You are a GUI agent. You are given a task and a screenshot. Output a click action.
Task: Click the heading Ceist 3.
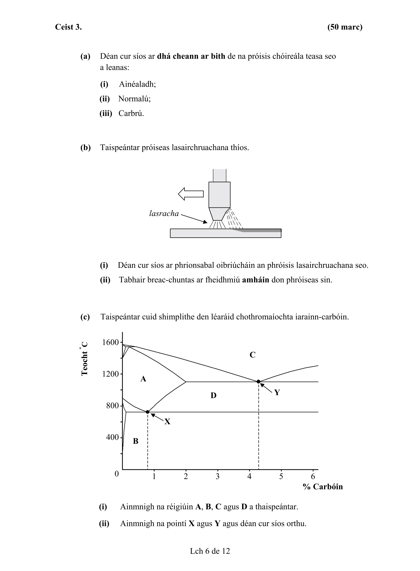[x=68, y=27]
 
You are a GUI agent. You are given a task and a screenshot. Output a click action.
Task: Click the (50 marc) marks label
[x=344, y=27]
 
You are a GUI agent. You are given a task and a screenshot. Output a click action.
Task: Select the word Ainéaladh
[x=137, y=84]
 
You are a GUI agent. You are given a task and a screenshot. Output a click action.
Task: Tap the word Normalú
[x=134, y=99]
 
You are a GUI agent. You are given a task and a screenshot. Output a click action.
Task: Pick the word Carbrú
[x=131, y=113]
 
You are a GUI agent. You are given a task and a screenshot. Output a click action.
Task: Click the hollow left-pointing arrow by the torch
[x=191, y=194]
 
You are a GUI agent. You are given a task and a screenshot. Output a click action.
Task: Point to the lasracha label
[x=164, y=213]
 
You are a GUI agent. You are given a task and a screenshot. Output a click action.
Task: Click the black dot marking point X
[x=148, y=412]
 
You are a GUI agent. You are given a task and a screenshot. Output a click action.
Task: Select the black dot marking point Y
[x=258, y=382]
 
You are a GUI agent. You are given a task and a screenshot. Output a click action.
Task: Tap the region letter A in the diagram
[x=143, y=379]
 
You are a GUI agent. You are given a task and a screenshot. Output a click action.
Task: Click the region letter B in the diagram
[x=136, y=441]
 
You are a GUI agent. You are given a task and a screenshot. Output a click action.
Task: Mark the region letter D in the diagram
[x=213, y=396]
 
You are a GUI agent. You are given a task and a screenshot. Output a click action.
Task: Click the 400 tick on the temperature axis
[x=112, y=437]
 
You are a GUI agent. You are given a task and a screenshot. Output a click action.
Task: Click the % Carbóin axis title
[x=323, y=487]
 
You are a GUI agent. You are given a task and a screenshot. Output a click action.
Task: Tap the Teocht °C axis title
[x=84, y=359]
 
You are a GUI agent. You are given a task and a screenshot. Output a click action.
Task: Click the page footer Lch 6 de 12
[x=210, y=551]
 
